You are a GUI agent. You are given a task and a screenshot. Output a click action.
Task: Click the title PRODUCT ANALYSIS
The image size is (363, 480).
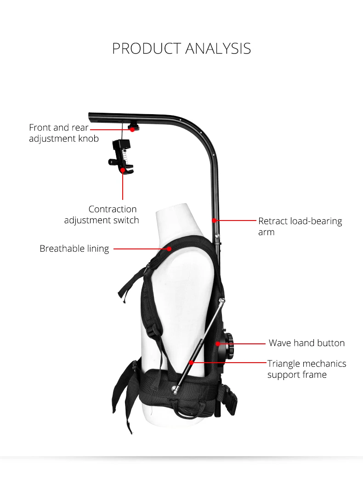click(181, 48)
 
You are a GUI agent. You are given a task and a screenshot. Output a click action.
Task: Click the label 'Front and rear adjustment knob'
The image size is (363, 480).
click(64, 133)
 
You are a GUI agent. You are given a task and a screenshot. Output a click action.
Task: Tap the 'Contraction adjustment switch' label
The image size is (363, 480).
click(102, 215)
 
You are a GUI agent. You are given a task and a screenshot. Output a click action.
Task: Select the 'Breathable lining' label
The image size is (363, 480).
click(74, 248)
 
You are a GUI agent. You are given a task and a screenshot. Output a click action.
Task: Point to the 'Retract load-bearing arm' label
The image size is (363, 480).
click(300, 226)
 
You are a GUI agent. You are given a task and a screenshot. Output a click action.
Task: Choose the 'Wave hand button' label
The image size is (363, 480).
click(306, 343)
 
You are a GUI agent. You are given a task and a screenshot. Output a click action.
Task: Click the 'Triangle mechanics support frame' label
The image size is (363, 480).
click(306, 369)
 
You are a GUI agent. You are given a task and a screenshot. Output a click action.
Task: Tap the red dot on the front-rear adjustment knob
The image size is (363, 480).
click(132, 129)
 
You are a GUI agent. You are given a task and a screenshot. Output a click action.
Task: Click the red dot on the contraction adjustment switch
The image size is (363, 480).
click(123, 169)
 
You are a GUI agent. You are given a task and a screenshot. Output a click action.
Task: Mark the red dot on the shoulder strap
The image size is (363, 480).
click(170, 248)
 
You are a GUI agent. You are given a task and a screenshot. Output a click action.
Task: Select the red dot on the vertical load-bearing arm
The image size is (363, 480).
click(214, 221)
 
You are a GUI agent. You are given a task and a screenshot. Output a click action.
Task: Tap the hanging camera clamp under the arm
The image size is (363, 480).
click(121, 154)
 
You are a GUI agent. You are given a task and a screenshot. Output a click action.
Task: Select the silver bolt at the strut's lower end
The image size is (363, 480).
click(175, 390)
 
